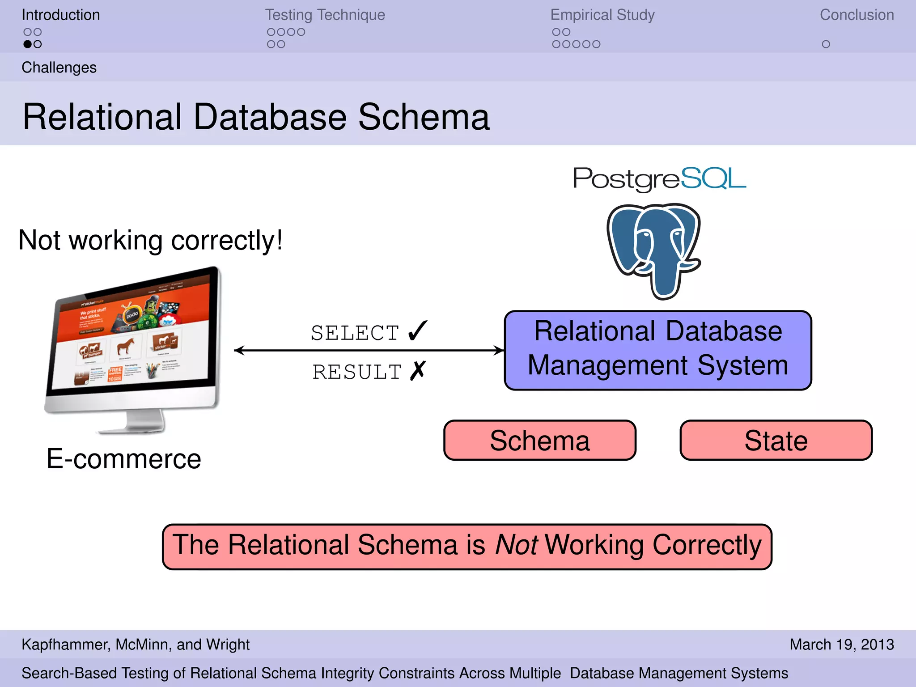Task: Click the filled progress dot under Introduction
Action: [x=28, y=44]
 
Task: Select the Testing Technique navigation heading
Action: [x=325, y=15]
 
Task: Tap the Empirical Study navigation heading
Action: [x=602, y=15]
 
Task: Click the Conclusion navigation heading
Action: [x=857, y=15]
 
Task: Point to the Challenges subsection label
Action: [x=59, y=68]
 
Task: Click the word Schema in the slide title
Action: [x=424, y=117]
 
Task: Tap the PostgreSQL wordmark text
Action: [x=659, y=179]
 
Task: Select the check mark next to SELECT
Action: [x=418, y=331]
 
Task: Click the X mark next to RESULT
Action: [x=418, y=371]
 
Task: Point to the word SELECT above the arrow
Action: [x=355, y=333]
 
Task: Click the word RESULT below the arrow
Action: [x=356, y=372]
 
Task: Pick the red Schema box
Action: [x=539, y=440]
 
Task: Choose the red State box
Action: [x=776, y=440]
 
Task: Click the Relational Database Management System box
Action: [x=657, y=350]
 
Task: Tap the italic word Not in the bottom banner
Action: [x=516, y=545]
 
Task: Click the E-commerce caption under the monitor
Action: [x=124, y=459]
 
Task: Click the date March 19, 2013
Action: [x=841, y=645]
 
